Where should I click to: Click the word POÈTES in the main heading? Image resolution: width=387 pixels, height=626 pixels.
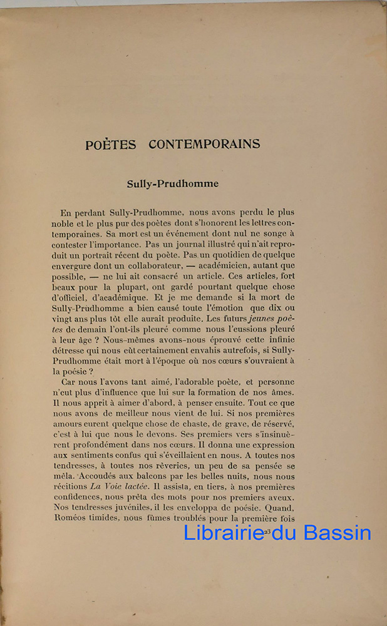[111, 145]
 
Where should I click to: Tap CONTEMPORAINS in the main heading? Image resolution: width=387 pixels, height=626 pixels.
[205, 144]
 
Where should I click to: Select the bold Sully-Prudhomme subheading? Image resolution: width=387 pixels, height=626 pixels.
[173, 184]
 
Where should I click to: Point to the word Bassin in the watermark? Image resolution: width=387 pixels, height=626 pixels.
[338, 533]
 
